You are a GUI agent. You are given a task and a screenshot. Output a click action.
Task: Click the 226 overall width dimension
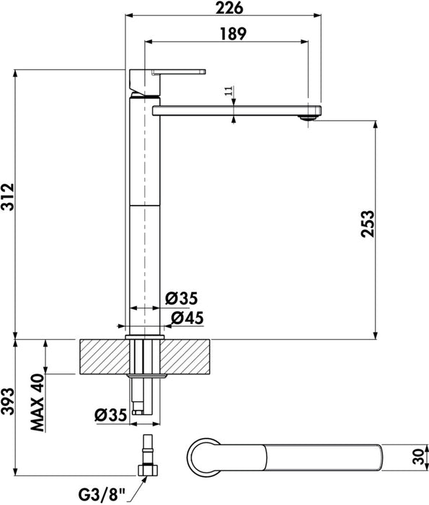pyautogui.click(x=229, y=8)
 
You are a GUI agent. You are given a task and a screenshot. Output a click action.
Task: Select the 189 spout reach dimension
pyautogui.click(x=233, y=34)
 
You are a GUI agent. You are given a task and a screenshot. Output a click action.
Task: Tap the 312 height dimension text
pyautogui.click(x=8, y=197)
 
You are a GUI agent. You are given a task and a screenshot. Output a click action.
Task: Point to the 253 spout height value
pyautogui.click(x=368, y=224)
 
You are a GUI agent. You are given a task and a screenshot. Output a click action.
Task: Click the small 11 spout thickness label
pyautogui.click(x=229, y=91)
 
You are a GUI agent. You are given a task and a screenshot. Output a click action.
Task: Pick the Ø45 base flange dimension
pyautogui.click(x=187, y=318)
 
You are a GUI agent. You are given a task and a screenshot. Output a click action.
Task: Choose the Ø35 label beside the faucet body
pyautogui.click(x=182, y=299)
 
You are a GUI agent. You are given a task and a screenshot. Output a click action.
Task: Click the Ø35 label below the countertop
pyautogui.click(x=111, y=415)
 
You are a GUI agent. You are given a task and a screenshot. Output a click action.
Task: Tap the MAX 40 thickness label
pyautogui.click(x=37, y=403)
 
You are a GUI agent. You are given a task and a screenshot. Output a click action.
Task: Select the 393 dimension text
pyautogui.click(x=8, y=401)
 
